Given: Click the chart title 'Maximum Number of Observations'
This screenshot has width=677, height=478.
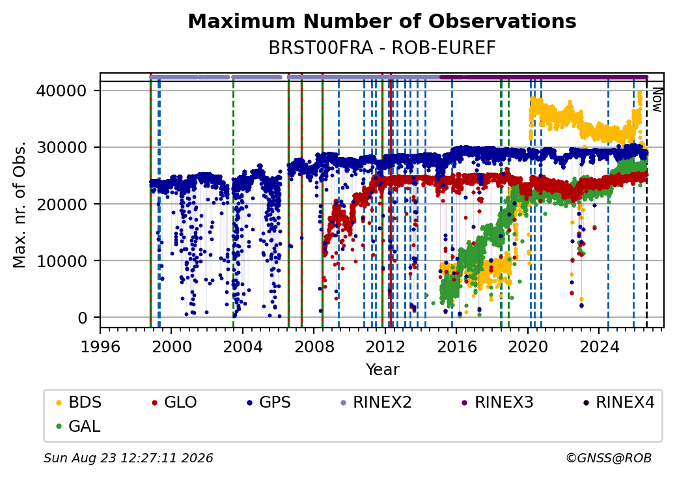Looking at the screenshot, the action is coord(382,21).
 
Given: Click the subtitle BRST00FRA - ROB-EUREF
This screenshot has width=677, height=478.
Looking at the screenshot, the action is coord(382,48).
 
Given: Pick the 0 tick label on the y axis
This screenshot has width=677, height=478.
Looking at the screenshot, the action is coord(83,318).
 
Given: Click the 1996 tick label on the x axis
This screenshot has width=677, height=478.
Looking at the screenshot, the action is coord(100,346).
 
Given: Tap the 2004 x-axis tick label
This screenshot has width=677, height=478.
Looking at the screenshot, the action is coord(243,346).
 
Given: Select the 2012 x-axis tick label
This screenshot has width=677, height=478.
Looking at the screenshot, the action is coord(385,346).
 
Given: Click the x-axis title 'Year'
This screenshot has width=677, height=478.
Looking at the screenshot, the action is coord(383,370).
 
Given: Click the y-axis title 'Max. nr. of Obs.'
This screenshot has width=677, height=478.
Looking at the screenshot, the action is coord(20,204).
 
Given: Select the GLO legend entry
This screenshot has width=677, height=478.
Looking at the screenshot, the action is coord(174,402).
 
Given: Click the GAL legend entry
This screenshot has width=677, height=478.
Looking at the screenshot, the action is coord(79,426).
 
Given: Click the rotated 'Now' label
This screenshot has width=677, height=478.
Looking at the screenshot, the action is coord(657,100).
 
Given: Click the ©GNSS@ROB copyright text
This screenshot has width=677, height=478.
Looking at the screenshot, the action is coord(609,458).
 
